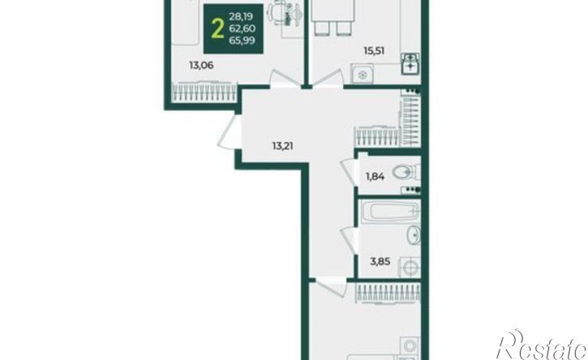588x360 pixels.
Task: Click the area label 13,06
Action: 201,66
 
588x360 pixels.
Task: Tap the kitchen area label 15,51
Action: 374,50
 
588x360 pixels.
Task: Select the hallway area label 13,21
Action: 283,146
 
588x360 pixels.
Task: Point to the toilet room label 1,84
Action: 375,176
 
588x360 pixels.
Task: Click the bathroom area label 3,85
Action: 380,261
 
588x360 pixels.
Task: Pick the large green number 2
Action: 217,29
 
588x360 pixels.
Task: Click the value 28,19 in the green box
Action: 241,16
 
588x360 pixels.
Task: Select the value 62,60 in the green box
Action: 242,28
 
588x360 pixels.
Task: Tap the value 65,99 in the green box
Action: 242,41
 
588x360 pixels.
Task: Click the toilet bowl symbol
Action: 406,173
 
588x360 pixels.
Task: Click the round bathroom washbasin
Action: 414,235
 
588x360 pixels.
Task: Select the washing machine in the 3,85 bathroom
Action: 410,268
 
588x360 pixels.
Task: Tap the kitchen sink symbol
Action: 410,64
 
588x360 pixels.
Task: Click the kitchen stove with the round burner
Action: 362,75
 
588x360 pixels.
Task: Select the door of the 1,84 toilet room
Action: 349,171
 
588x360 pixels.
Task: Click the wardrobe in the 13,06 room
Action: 204,92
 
